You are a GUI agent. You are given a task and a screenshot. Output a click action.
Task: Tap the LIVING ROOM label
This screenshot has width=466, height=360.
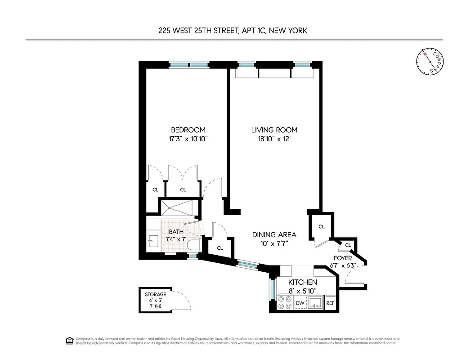(x=274, y=130)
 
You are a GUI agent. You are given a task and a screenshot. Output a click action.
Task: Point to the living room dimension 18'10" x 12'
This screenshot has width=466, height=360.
(x=274, y=139)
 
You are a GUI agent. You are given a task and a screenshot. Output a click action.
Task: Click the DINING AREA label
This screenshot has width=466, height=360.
(x=274, y=234)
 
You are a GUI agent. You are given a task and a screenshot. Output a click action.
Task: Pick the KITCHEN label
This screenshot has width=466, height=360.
(x=296, y=282)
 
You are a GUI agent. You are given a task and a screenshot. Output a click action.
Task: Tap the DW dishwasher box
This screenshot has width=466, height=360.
(x=300, y=304)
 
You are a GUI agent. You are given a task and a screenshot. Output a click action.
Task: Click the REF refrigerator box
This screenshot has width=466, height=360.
(x=330, y=304)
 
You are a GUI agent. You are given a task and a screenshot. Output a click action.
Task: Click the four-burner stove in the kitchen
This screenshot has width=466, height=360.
(x=284, y=303)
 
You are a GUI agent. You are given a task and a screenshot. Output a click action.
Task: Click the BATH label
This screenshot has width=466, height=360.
(x=176, y=232)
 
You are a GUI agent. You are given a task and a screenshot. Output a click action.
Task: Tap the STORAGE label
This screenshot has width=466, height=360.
(x=155, y=294)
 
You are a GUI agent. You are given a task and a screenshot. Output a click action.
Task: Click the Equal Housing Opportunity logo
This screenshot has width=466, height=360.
(x=69, y=340)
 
